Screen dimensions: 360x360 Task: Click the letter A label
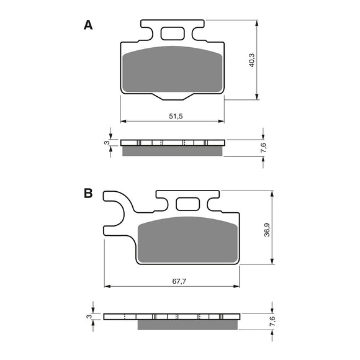tap(88, 25)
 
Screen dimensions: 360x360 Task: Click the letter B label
tap(88, 194)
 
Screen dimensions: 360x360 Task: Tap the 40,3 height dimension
tap(250, 60)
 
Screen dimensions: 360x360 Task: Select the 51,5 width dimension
tap(175, 116)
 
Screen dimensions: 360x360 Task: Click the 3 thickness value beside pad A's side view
tap(107, 143)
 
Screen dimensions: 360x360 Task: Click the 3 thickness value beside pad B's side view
tap(89, 317)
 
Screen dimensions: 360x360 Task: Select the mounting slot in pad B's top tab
tap(186, 203)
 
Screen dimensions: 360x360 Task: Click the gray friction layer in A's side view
tap(172, 151)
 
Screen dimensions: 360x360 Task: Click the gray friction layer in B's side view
tap(187, 325)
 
